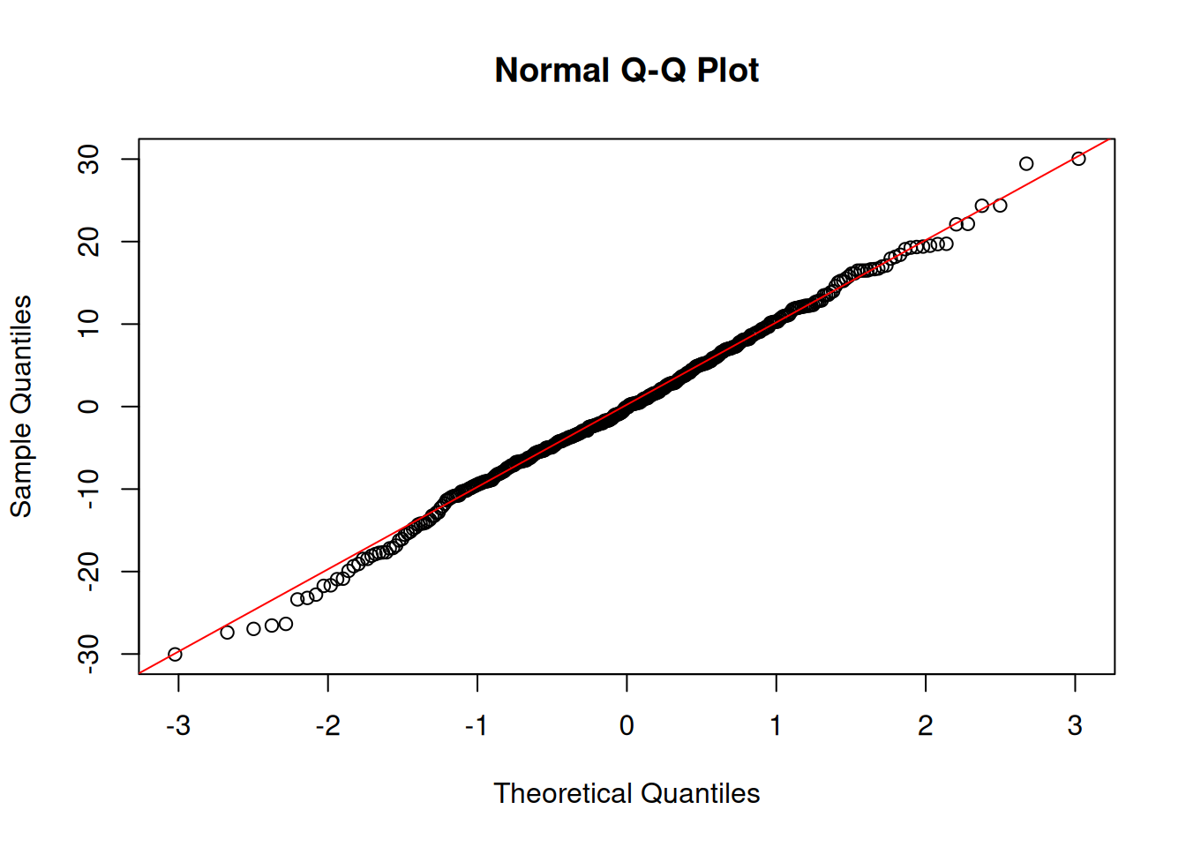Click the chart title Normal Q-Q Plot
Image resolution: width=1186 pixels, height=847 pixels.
[x=626, y=71]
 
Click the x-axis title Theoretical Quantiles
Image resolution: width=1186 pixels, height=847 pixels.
[x=626, y=793]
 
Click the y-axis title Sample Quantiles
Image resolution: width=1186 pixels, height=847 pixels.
[x=21, y=406]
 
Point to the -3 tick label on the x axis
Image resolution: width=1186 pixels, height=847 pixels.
[x=178, y=725]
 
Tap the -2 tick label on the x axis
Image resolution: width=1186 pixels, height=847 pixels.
[x=327, y=725]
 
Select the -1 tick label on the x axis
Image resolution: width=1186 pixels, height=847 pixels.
[x=477, y=725]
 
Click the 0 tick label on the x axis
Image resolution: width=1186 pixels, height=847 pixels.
[x=627, y=725]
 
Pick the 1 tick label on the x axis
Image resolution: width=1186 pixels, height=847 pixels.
[x=776, y=725]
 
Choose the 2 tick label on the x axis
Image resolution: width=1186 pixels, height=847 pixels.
[x=925, y=725]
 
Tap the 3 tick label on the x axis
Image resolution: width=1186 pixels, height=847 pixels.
[x=1074, y=725]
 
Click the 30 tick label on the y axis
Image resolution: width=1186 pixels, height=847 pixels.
[x=88, y=159]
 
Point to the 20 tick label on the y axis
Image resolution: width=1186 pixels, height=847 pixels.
[x=88, y=242]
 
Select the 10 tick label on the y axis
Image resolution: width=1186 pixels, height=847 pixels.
[x=88, y=324]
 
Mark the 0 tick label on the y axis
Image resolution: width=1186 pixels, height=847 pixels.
[x=88, y=406]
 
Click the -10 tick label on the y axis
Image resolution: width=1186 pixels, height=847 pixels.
[x=88, y=489]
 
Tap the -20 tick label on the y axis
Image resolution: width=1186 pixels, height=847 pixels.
[x=88, y=571]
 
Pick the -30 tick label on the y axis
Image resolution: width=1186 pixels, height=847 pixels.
[x=88, y=654]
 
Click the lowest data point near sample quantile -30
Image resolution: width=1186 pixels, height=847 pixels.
[x=175, y=654]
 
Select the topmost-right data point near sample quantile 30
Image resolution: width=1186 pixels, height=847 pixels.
[x=1078, y=159]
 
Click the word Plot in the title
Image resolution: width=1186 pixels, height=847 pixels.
[x=727, y=71]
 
